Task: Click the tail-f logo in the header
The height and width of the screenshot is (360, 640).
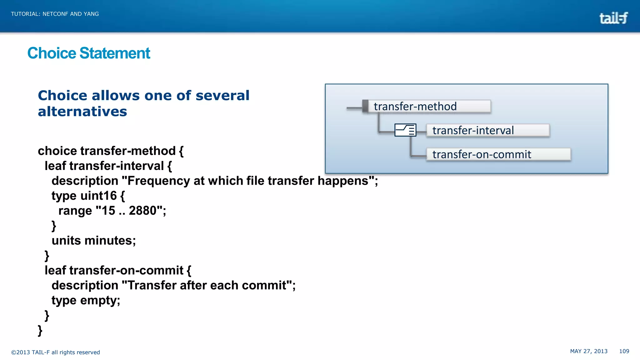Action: coord(613,18)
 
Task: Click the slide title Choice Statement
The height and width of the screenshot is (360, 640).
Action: coord(89,53)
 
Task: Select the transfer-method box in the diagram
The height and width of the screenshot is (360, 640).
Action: coord(429,107)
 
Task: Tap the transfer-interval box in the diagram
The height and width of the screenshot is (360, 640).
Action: coord(487,130)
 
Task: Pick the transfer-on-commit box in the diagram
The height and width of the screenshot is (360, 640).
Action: coord(498,154)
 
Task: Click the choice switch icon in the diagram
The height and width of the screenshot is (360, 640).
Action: coord(405,130)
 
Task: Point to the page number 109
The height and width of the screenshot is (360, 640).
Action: coord(624,351)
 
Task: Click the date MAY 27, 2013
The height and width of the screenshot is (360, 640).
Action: coord(588,351)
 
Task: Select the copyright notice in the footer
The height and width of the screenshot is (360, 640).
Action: coord(56,352)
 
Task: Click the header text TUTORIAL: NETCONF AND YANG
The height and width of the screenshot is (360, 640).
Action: coord(55,14)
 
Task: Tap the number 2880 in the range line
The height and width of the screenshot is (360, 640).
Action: coord(142,211)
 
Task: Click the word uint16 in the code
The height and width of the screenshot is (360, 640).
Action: coord(98,196)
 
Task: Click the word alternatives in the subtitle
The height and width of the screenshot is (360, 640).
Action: coord(82,112)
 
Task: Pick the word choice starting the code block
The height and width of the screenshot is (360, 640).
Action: coord(57,151)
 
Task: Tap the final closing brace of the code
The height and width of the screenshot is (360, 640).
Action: coord(40,330)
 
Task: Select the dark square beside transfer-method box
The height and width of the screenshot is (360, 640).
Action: coord(365,106)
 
